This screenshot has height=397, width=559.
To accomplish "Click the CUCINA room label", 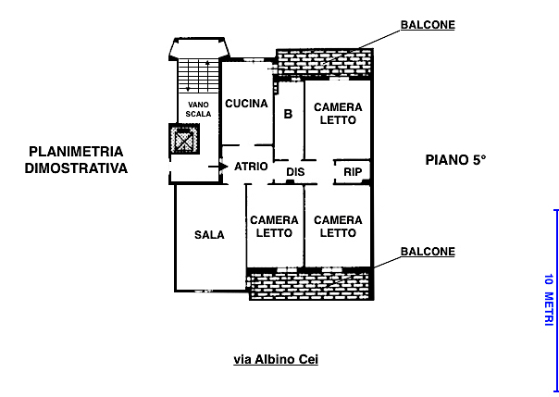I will pyautogui.click(x=246, y=104).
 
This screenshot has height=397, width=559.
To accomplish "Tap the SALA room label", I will pyautogui.click(x=209, y=235).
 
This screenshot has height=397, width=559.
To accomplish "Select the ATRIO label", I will pyautogui.click(x=251, y=167).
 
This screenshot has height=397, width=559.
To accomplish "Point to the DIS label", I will pyautogui.click(x=295, y=172).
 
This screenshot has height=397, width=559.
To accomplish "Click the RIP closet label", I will pyautogui.click(x=352, y=172).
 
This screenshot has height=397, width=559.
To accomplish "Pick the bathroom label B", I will pyautogui.click(x=288, y=115).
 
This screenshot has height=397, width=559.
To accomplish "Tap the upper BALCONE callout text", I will pyautogui.click(x=427, y=25).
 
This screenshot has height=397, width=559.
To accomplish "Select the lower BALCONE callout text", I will pyautogui.click(x=427, y=252).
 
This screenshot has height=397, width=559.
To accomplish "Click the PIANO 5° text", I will pyautogui.click(x=455, y=160).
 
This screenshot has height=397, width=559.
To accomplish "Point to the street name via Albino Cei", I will pyautogui.click(x=275, y=359).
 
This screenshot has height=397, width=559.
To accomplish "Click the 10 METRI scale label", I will pyautogui.click(x=548, y=300).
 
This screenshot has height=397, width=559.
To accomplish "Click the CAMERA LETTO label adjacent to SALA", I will pyautogui.click(x=275, y=226).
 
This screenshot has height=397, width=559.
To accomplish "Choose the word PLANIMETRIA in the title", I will pyautogui.click(x=76, y=152).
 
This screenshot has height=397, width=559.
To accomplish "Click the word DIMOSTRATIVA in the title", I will pyautogui.click(x=76, y=168).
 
